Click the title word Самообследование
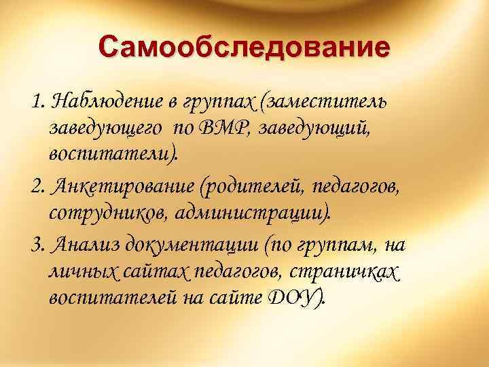244,48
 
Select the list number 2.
37,186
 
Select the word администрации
253,214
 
